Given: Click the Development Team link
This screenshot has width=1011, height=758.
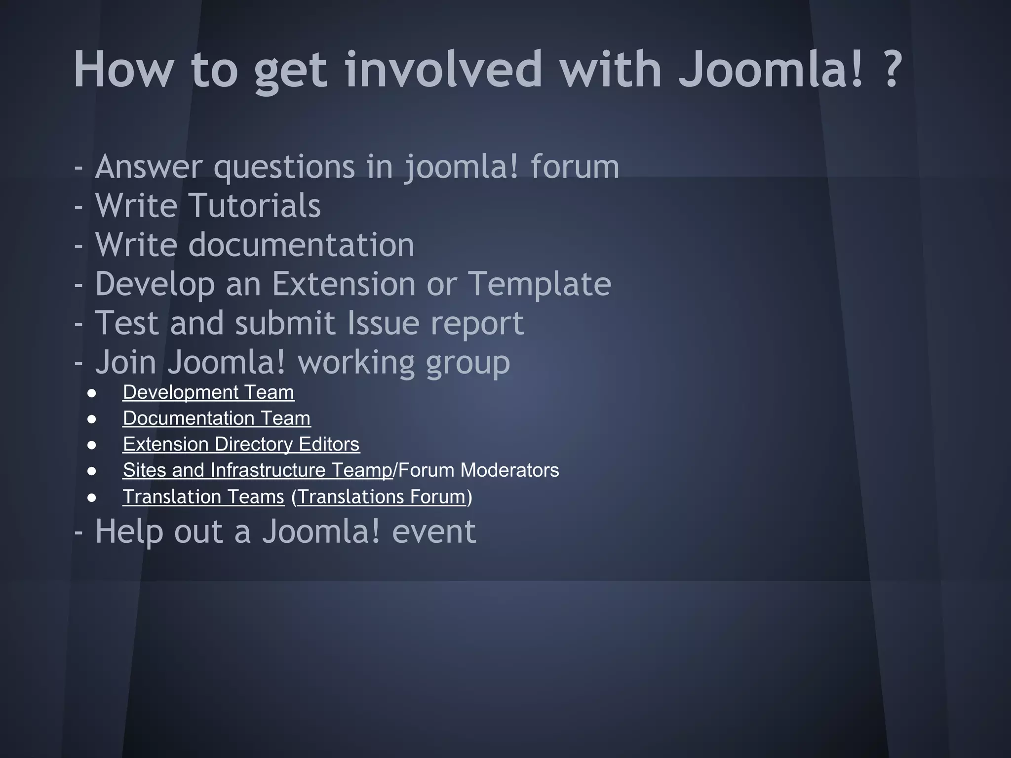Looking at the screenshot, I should [208, 393].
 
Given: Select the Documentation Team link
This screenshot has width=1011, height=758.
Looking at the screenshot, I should [216, 418].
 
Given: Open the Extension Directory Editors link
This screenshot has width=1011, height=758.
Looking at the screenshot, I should [241, 445].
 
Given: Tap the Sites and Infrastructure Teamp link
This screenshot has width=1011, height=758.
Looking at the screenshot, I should [257, 470].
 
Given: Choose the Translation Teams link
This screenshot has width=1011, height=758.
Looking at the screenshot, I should [203, 497].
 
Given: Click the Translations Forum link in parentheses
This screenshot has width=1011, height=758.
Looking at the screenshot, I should [382, 497].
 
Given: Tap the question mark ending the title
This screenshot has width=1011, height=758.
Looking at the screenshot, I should [892, 70].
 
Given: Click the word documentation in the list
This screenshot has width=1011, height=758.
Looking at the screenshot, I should [301, 245].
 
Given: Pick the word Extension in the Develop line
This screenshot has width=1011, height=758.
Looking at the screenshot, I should [344, 284].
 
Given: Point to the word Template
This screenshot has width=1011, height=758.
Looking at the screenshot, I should [539, 284].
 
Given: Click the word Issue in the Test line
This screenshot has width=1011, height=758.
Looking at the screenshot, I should [383, 323].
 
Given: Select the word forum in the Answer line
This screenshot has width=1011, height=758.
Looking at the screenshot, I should [575, 167].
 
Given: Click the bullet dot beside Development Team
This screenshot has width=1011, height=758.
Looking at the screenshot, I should [92, 394].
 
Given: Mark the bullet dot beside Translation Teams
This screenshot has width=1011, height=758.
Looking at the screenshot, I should [92, 498].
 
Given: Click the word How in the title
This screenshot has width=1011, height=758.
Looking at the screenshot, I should [123, 70].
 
